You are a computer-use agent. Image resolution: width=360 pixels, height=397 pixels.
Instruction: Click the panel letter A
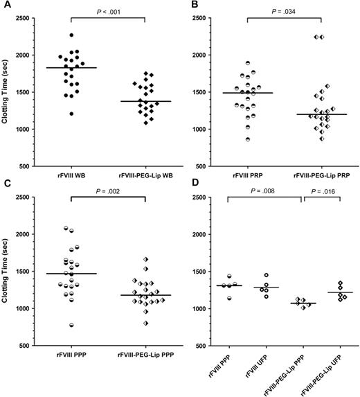[x=6, y=6]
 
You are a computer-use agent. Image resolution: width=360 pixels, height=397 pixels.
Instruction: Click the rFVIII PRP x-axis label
[x=247, y=175]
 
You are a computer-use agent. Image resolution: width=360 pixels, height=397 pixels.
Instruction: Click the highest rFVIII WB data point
[x=71, y=35]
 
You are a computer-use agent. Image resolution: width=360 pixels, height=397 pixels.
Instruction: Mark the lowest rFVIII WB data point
[x=52, y=114]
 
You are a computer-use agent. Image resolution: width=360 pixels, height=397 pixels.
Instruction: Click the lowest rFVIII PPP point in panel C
[x=52, y=325]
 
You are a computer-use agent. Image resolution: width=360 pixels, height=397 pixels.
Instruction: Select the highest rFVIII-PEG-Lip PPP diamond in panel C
[x=146, y=259]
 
